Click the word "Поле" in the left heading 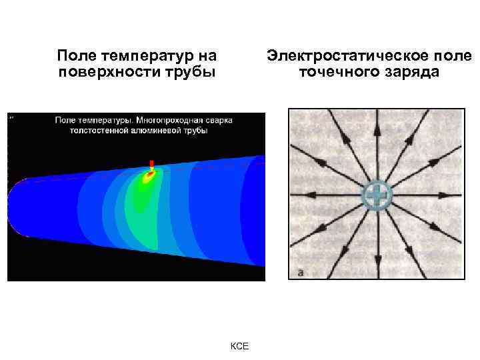(x=74, y=55)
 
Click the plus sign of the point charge (x=377, y=195)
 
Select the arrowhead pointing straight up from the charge (x=377, y=130)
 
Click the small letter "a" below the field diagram (x=301, y=272)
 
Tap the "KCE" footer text (x=239, y=346)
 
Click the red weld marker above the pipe (x=152, y=164)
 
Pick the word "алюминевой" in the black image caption (x=156, y=131)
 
